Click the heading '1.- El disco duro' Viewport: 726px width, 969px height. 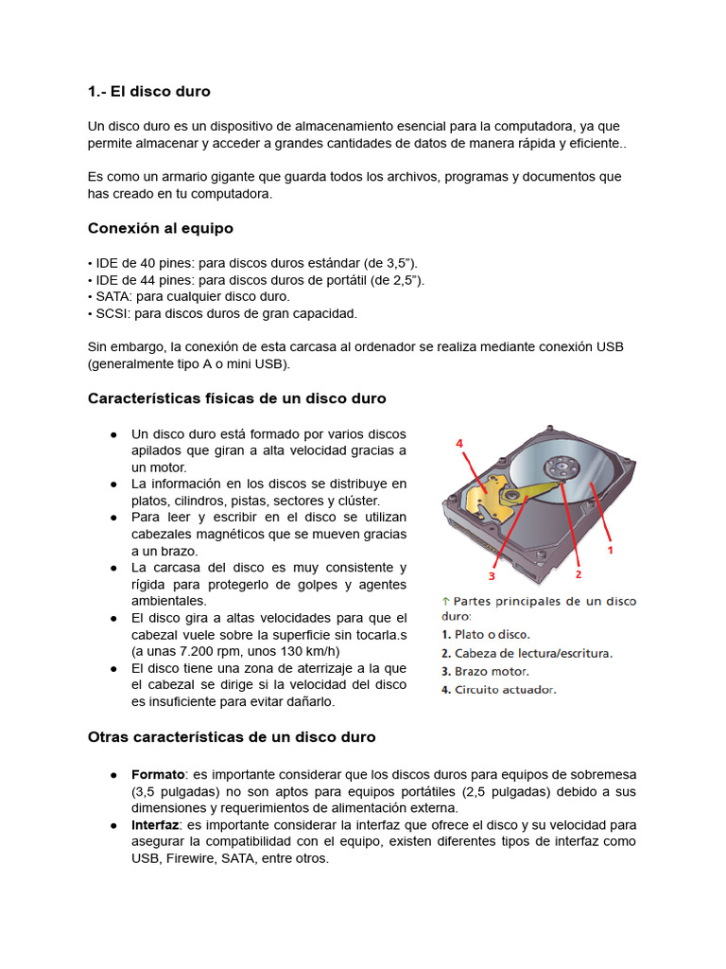148,92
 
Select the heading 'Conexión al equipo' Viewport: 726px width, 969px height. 160,228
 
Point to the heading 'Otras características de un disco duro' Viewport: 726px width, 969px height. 232,736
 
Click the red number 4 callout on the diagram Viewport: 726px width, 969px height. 459,443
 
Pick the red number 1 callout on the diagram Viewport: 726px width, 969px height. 610,548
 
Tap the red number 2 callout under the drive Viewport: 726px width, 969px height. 578,573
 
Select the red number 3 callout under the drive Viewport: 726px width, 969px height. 492,575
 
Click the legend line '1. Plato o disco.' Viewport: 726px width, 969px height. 486,634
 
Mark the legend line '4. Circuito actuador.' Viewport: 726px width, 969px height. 499,689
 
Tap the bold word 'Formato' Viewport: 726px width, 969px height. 158,774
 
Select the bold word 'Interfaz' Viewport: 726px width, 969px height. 155,825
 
